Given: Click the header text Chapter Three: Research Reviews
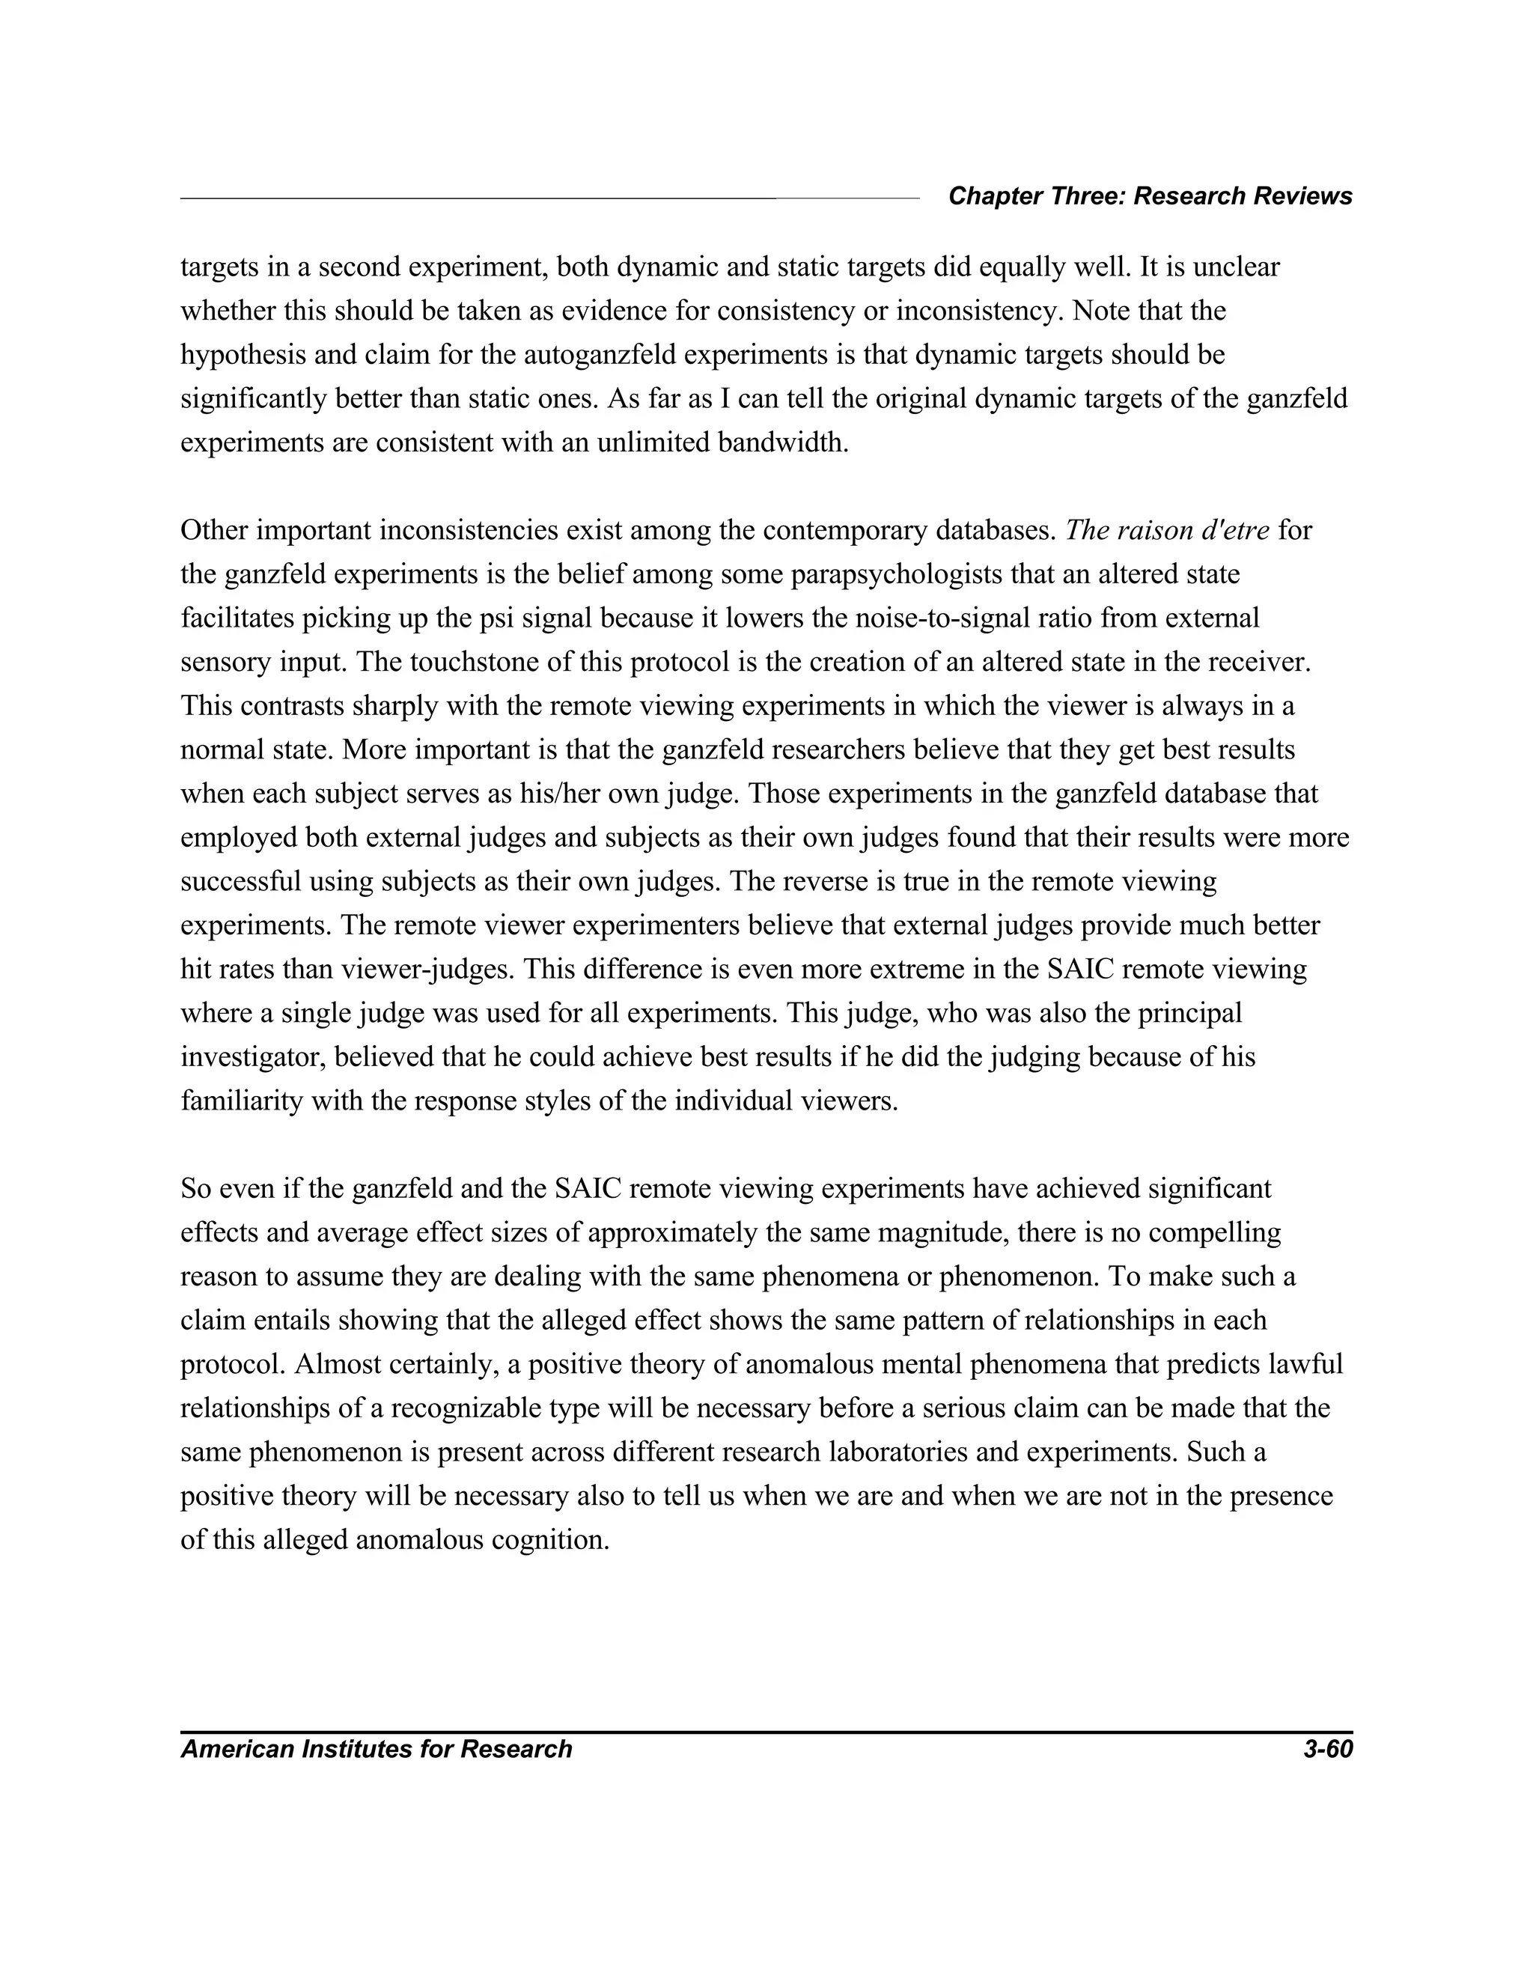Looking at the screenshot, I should point(1150,196).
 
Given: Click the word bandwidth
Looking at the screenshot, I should point(782,443).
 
